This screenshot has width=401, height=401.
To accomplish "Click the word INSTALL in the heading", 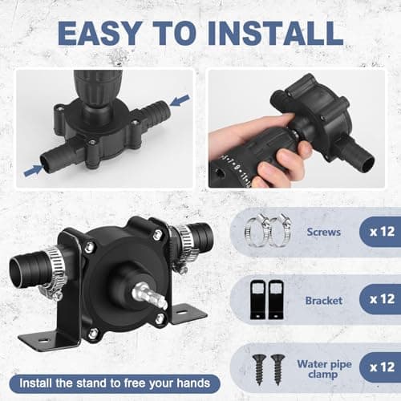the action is (276, 33).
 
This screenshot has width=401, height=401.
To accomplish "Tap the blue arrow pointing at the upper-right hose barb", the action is (180, 100).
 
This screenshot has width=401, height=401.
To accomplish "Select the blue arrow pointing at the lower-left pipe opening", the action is (34, 170).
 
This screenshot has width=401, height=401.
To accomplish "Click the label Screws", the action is (324, 232).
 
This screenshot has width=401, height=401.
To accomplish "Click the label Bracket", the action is (324, 301).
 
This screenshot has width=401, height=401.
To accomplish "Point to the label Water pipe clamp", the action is (324, 369).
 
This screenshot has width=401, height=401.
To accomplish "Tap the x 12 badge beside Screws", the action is (381, 232).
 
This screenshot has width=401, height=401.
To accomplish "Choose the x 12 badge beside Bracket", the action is (381, 299).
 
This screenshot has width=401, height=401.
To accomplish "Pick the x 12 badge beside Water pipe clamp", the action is (381, 367).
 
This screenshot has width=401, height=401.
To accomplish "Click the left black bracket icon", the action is (258, 299).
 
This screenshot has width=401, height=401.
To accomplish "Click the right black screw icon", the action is (277, 369).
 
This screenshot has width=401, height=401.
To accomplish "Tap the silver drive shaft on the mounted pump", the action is (150, 296).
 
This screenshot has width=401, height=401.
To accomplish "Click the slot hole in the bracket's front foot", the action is (43, 341).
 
